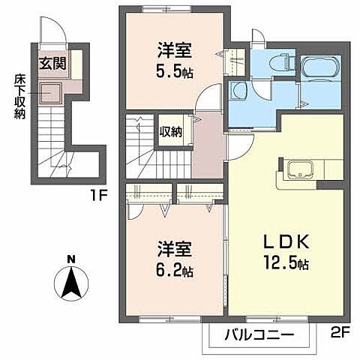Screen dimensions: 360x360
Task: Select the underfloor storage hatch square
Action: pyautogui.click(x=52, y=93)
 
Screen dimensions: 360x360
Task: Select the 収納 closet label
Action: pyautogui.click(x=170, y=132)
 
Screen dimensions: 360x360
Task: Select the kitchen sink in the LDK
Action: pyautogui.click(x=297, y=168)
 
